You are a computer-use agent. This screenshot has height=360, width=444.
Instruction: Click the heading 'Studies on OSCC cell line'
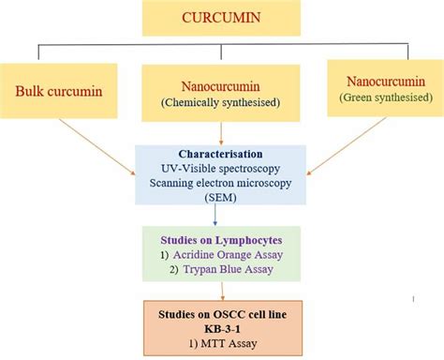[x=222, y=310]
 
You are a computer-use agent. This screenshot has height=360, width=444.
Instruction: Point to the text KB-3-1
[x=222, y=326]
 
